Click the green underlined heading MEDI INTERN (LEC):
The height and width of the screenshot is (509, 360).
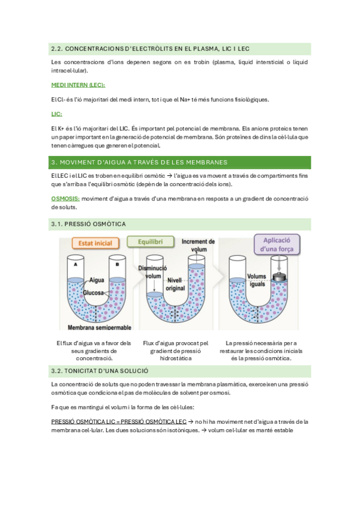click(78, 85)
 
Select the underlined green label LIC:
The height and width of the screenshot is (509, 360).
click(57, 113)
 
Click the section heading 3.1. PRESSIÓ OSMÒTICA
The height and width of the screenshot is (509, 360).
click(88, 224)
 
